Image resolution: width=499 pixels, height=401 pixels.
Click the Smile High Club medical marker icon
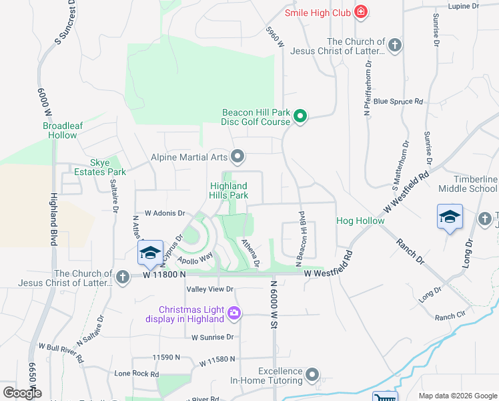point(361,11)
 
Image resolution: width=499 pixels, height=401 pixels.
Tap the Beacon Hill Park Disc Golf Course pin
point(300,117)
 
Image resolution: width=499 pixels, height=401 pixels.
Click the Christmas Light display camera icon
point(234,312)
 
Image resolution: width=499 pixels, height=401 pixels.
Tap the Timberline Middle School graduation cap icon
point(450,217)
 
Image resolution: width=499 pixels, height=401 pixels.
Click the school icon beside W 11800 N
point(150,252)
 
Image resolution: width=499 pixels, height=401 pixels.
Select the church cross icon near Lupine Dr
point(395,45)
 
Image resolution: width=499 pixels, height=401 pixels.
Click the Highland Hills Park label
point(229,190)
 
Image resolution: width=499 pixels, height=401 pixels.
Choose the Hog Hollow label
point(360,221)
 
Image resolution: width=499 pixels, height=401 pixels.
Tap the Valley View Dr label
point(210,289)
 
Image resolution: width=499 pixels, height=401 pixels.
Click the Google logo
point(22,392)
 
